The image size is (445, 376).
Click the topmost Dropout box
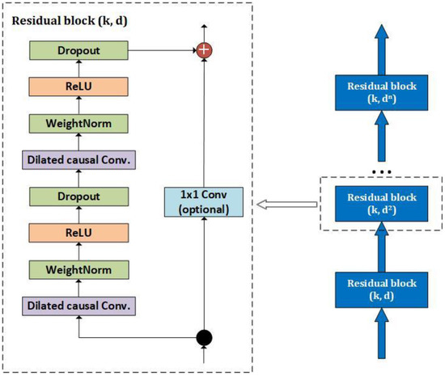pos(78,50)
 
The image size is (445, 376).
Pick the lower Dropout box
pos(78,196)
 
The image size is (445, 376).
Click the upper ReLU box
pos(78,87)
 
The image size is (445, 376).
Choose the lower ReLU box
pos(78,233)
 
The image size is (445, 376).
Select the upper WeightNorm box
pos(78,124)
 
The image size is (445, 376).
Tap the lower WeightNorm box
pos(78,270)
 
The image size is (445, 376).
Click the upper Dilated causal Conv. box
pos(78,160)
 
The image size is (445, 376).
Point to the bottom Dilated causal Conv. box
pos(78,306)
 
